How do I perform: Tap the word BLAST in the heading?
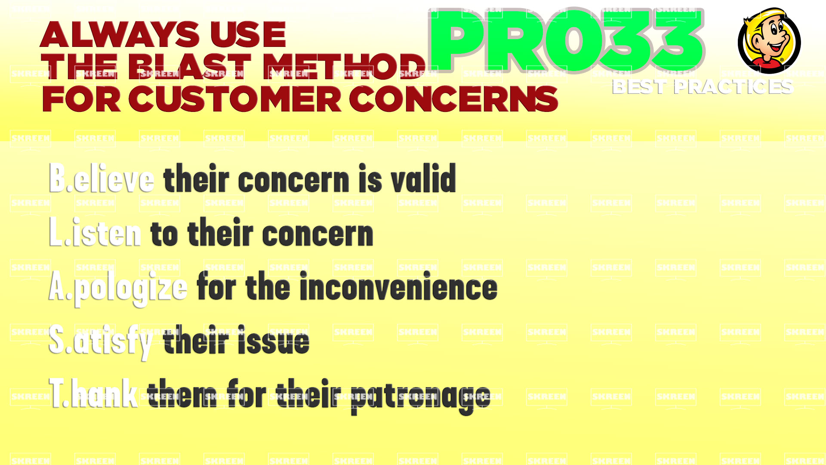point(190,67)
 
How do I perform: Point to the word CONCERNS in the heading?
point(453,99)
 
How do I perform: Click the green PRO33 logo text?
point(566,41)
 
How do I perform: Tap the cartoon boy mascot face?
point(769,40)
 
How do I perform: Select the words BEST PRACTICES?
point(703,87)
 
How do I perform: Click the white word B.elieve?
point(102,178)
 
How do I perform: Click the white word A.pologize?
point(118,288)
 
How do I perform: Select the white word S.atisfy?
point(100,342)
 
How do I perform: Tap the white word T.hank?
point(93,393)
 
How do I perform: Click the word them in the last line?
point(182,393)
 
